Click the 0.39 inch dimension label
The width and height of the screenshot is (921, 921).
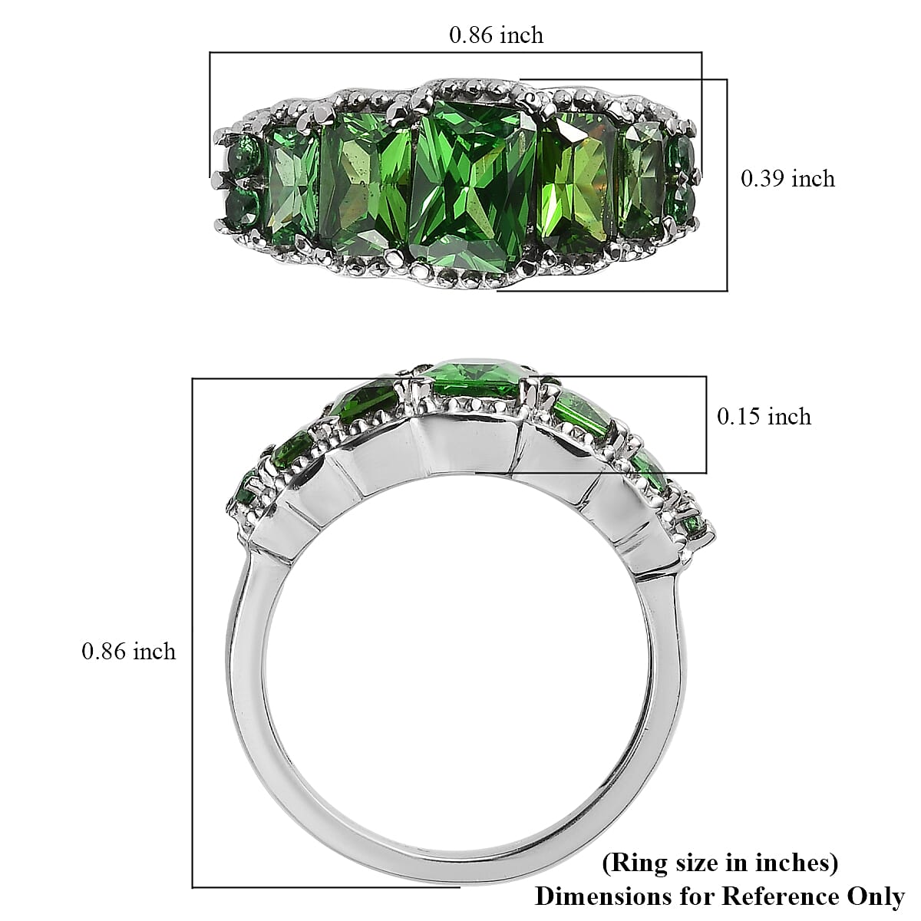pyautogui.click(x=787, y=179)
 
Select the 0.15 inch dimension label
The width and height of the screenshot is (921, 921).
pyautogui.click(x=764, y=417)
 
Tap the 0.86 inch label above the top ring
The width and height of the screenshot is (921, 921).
pyautogui.click(x=496, y=35)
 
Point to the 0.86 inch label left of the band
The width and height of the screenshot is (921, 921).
pyautogui.click(x=128, y=652)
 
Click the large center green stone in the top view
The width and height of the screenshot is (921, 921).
pyautogui.click(x=472, y=184)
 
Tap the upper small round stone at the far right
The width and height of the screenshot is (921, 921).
pyautogui.click(x=682, y=157)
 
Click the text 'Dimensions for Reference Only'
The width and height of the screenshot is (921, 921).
pyautogui.click(x=719, y=896)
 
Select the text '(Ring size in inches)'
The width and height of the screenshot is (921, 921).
pyautogui.click(x=719, y=863)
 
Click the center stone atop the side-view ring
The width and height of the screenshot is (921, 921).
pyautogui.click(x=474, y=378)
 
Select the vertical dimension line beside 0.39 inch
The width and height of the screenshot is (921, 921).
pyautogui.click(x=727, y=184)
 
